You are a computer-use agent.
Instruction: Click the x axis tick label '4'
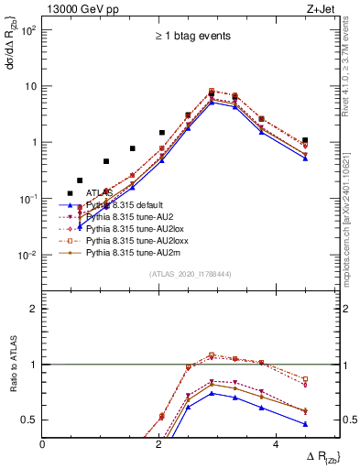pos(276,444)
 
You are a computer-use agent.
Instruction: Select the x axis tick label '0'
pos(43,444)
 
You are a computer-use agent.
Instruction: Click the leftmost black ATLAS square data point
pos(71,193)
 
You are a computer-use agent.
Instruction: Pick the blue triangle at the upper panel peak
pos(212,103)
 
